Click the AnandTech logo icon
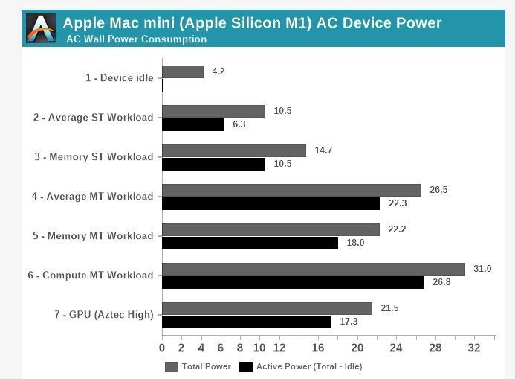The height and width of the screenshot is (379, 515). coord(41,28)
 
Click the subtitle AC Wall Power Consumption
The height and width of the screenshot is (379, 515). coord(137,39)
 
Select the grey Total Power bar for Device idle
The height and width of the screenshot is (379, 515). coord(183,71)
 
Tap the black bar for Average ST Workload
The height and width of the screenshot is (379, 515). coord(193,125)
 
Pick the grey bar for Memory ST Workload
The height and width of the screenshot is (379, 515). coord(234,150)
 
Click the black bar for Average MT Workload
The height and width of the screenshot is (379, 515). coord(271,203)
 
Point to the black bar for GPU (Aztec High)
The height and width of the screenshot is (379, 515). coord(247,322)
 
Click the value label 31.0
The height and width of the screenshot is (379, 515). coord(482,268)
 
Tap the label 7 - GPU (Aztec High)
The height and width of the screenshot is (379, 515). coord(104,315)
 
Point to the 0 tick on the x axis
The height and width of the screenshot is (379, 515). coord(162,348)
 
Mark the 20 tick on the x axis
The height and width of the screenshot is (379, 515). coord(357,348)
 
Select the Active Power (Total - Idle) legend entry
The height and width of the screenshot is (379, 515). coord(300,366)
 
